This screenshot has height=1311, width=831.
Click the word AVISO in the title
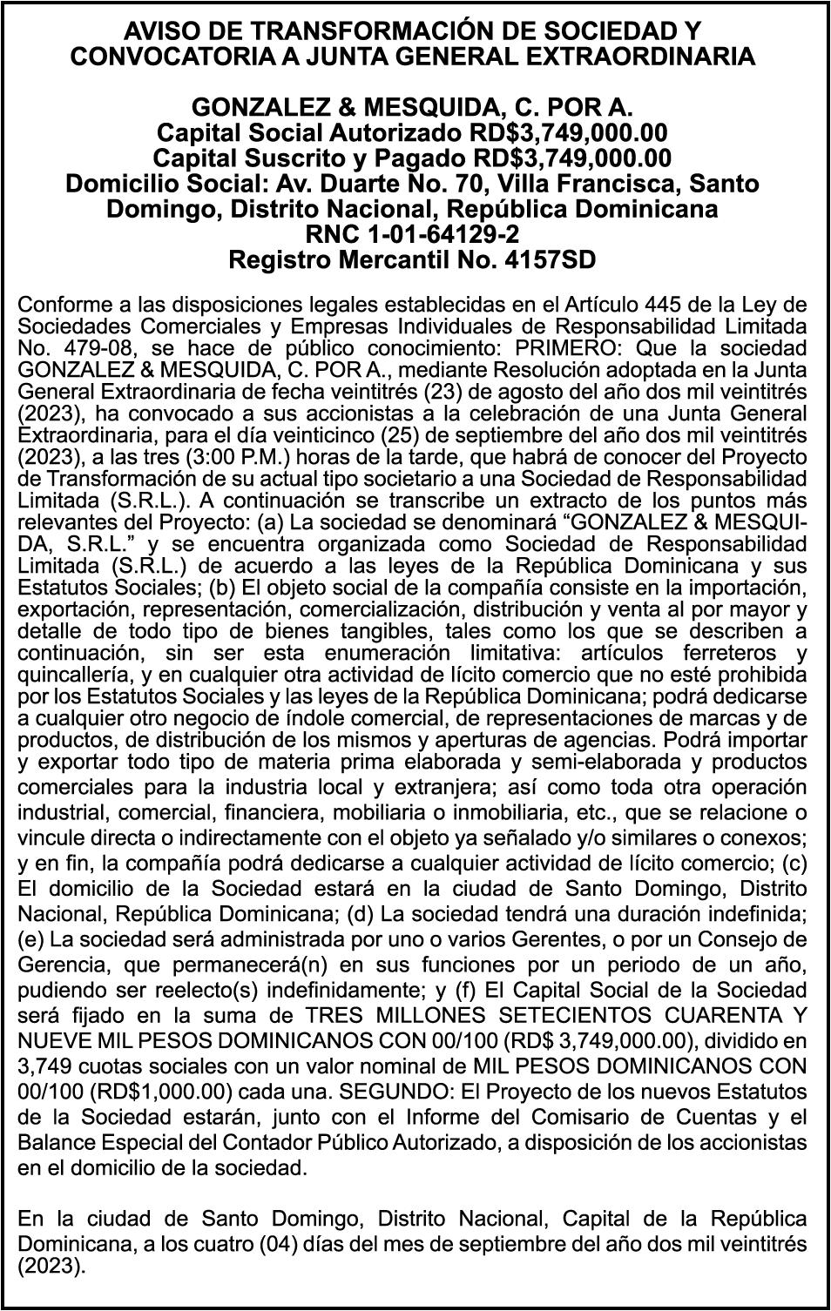pyautogui.click(x=159, y=32)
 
